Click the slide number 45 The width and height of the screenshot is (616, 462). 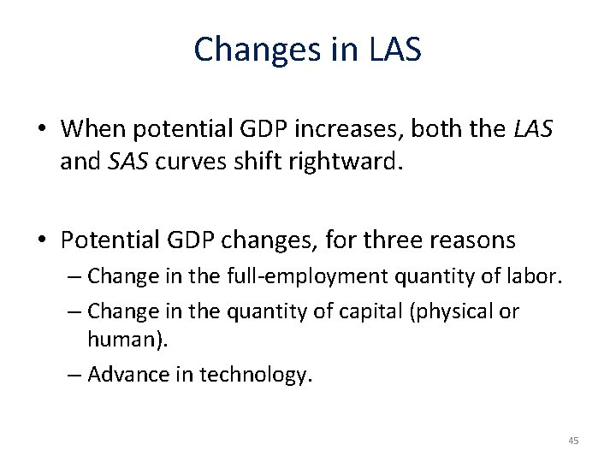point(574,441)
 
